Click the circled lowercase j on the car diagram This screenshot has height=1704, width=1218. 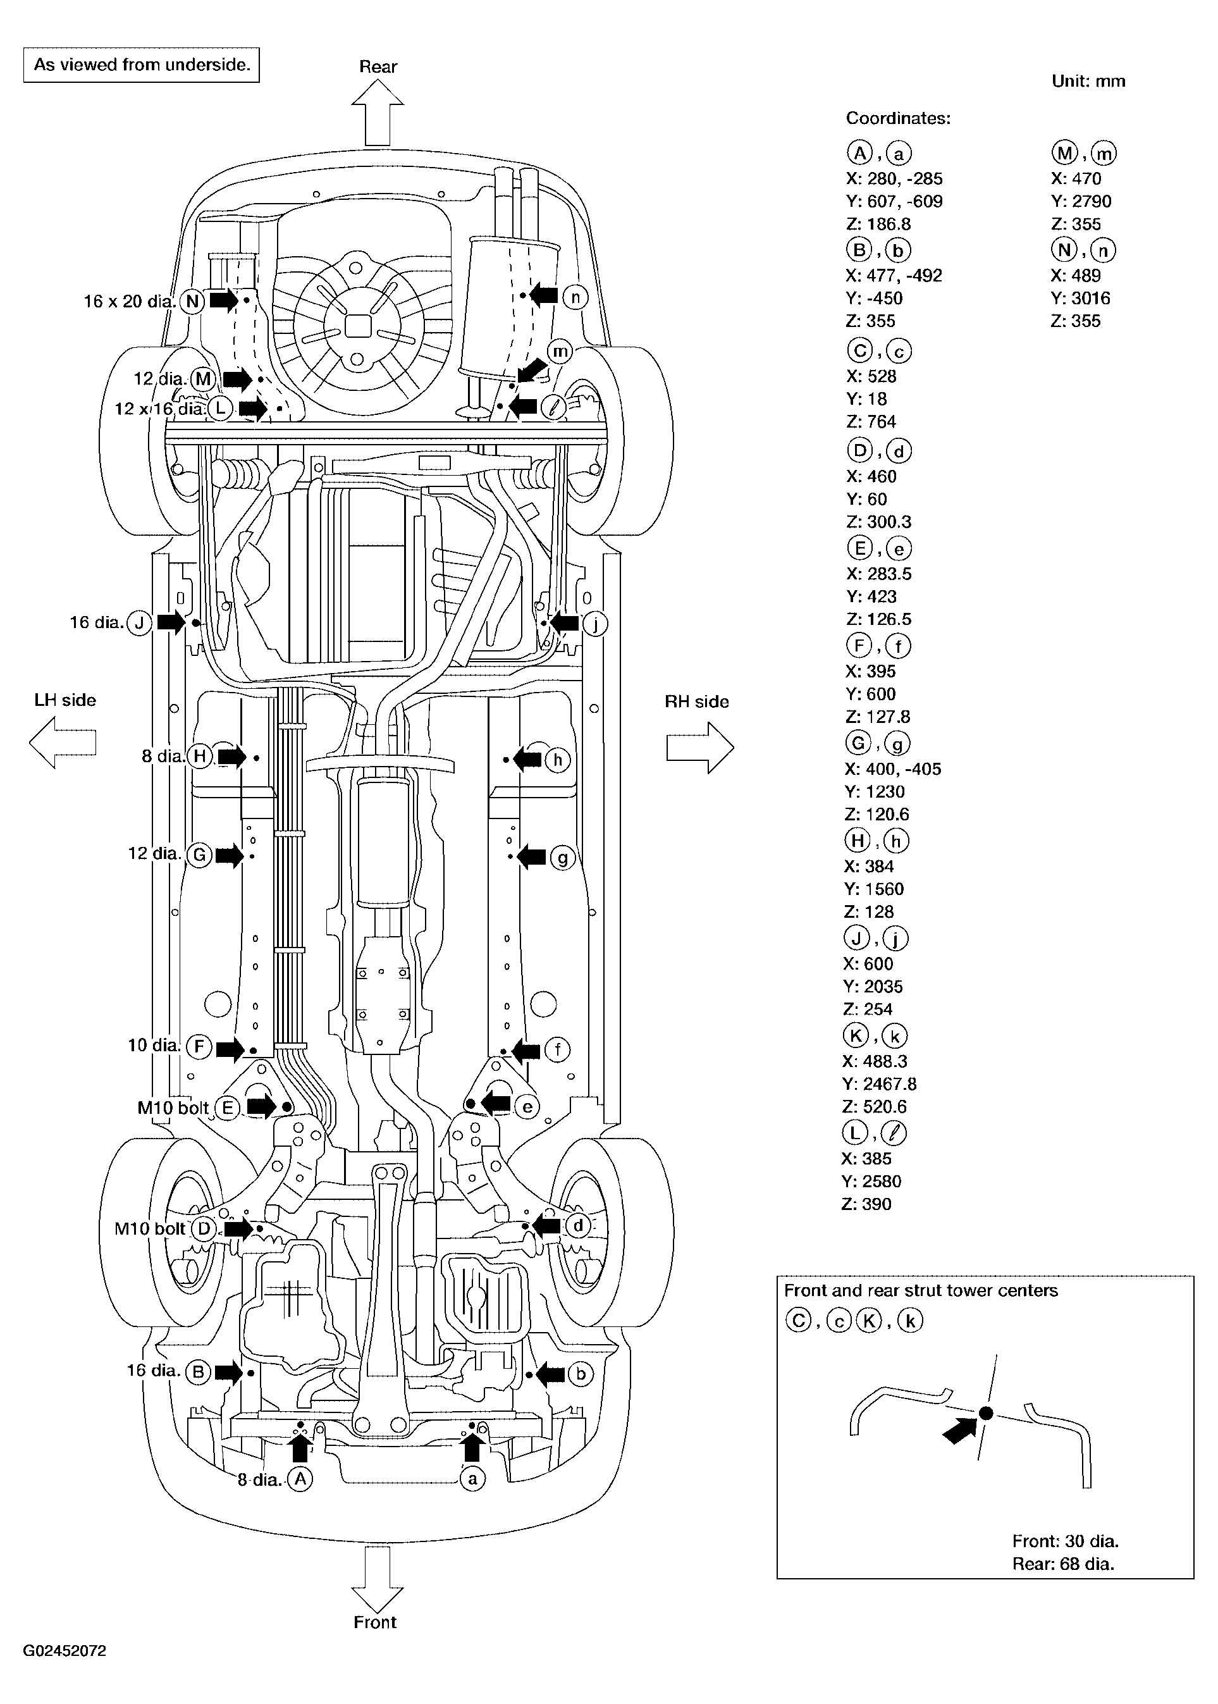click(594, 623)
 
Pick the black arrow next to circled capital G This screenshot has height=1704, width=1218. click(230, 855)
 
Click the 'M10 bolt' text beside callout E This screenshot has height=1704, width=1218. click(173, 1107)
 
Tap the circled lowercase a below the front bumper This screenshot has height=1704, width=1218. click(472, 1479)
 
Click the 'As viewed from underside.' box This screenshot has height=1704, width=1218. click(142, 65)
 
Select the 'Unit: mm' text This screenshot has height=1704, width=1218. click(1088, 81)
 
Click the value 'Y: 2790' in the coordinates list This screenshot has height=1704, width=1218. click(1080, 201)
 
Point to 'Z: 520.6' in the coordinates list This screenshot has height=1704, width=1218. click(874, 1106)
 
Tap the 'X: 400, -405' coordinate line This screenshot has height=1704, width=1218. click(892, 769)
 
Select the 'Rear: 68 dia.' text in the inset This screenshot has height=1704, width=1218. click(1063, 1564)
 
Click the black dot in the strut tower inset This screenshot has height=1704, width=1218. click(987, 1413)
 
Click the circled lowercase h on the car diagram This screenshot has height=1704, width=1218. click(557, 760)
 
